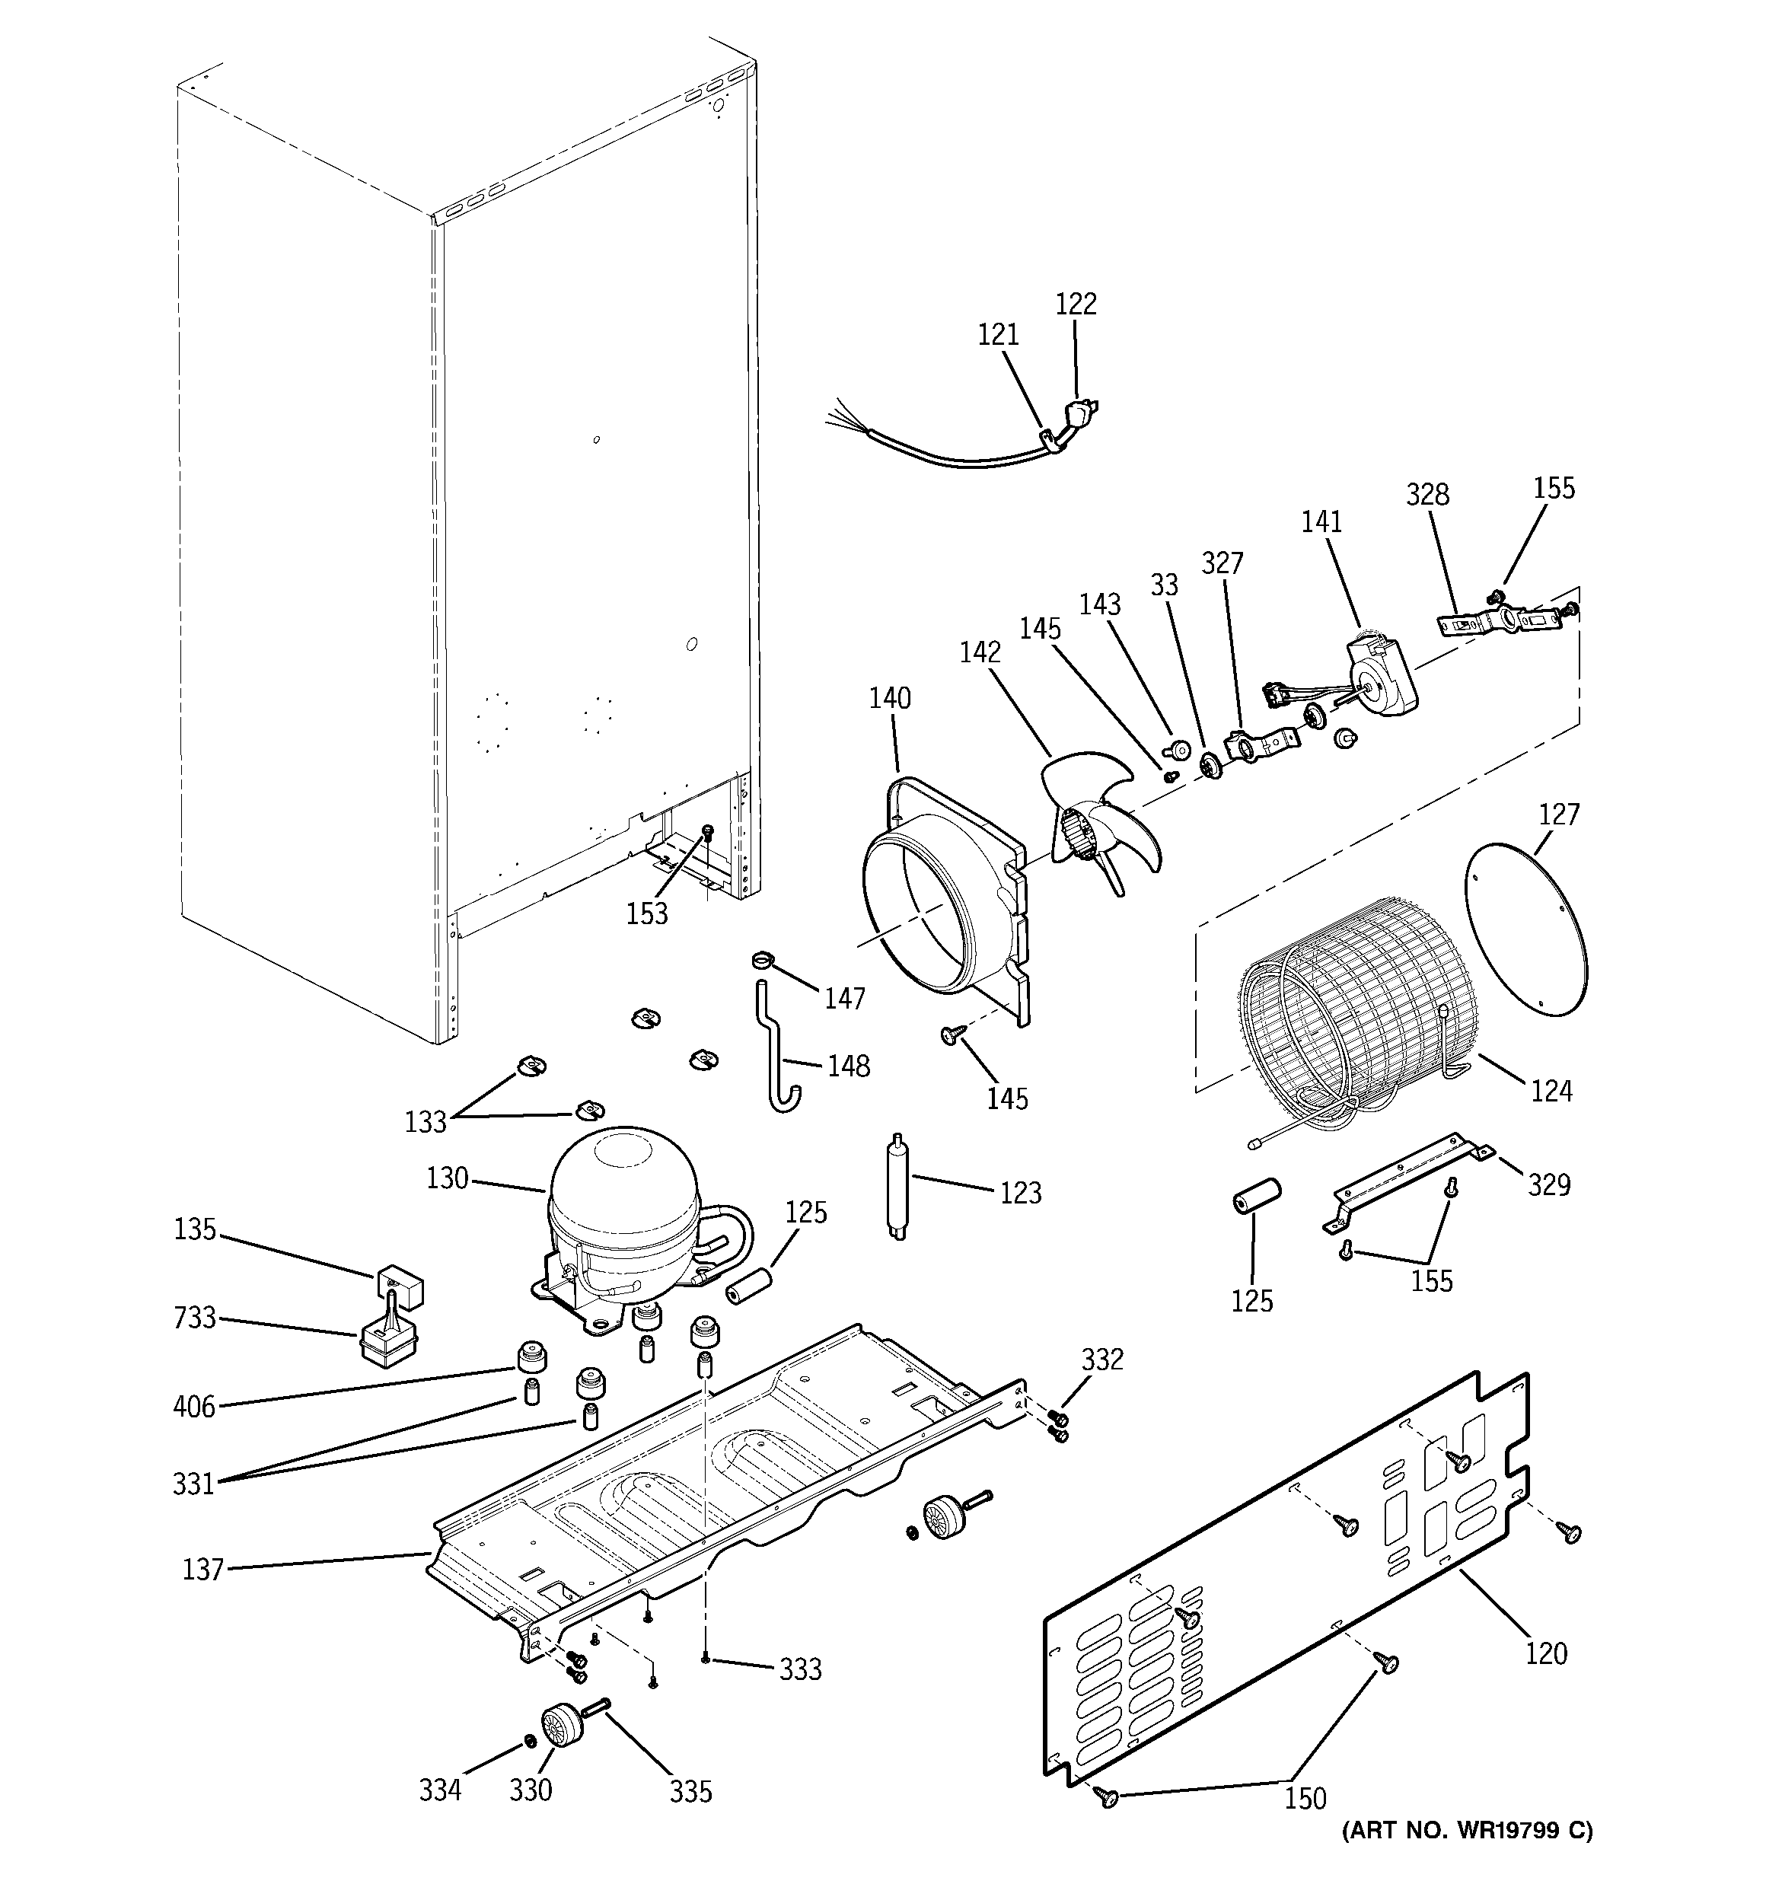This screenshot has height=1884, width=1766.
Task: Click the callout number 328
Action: coord(1427,495)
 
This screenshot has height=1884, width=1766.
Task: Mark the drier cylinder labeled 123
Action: coord(897,1185)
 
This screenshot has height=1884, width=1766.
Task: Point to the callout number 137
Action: coord(202,1570)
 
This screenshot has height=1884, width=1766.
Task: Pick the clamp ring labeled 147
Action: coord(764,962)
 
